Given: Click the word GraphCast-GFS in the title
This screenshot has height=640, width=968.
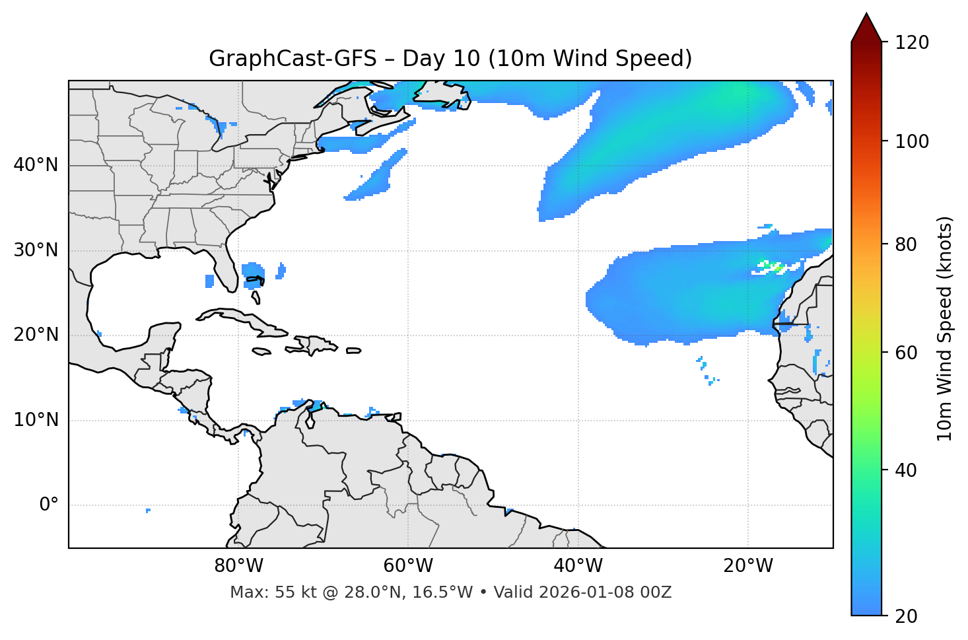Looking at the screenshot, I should (292, 59).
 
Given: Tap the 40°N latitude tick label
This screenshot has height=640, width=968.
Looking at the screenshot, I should (36, 165).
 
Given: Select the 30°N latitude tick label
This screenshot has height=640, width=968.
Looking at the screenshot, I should (36, 250).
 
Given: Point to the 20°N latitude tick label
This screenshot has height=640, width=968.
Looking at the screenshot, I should (36, 335).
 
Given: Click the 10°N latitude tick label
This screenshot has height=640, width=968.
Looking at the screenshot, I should (36, 420).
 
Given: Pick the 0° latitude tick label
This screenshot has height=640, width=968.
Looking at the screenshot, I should (49, 505).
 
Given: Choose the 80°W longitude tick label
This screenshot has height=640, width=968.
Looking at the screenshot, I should (238, 566).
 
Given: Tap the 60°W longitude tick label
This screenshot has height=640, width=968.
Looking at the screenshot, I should (408, 566).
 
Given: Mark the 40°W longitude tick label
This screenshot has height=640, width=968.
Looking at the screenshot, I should (578, 566).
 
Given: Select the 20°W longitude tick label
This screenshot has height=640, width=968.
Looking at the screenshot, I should (748, 566).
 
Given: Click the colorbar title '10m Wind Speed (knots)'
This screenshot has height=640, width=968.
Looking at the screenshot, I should (945, 328).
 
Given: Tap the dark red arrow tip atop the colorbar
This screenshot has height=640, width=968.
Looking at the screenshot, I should (866, 25).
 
